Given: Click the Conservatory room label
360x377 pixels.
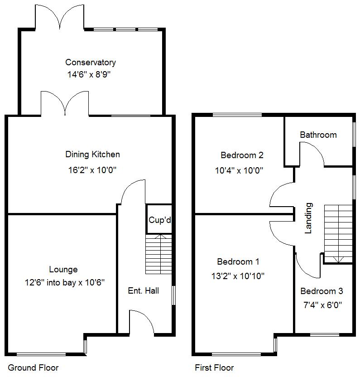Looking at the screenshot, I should click(90, 63).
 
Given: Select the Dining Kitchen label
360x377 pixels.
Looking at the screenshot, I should click(92, 155).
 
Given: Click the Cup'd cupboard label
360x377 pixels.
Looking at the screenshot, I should click(159, 220).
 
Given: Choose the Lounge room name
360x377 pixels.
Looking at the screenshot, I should click(63, 270).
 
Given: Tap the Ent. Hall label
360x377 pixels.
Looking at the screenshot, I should click(143, 291).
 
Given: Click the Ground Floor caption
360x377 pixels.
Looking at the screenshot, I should click(33, 367).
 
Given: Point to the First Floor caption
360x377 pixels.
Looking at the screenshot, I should click(214, 367).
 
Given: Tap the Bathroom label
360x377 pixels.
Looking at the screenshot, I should click(318, 135).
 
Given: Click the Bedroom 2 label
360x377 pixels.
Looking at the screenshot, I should click(242, 155).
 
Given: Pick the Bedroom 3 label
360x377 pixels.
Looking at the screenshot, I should click(322, 291).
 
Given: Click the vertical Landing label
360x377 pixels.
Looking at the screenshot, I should click(308, 218).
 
